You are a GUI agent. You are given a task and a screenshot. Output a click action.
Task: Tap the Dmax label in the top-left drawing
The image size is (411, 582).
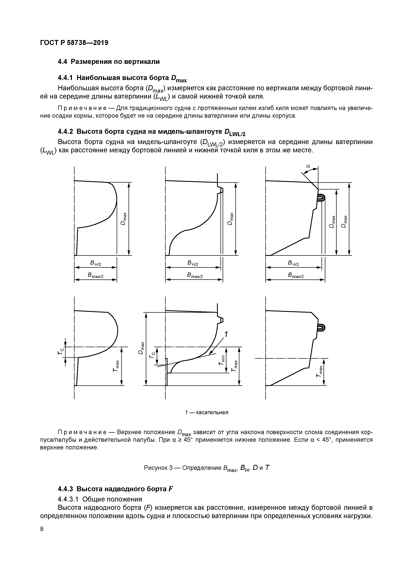[123, 219]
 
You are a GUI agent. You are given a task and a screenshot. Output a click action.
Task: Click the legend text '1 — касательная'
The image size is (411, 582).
[207, 412]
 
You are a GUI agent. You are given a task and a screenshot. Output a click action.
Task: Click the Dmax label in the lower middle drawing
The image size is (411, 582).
[141, 348]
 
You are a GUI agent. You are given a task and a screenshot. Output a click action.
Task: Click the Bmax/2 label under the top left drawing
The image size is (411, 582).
[95, 275]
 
